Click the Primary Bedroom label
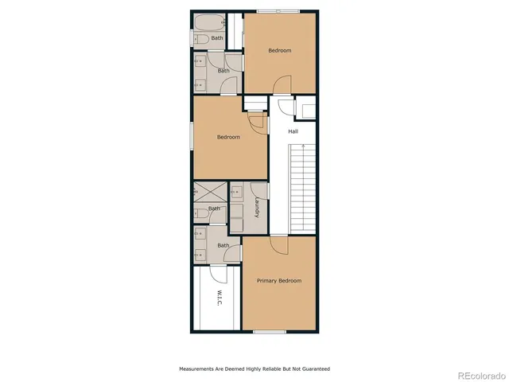(x=278, y=280)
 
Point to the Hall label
(x=293, y=131)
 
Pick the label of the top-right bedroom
(x=279, y=51)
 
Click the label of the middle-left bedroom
(x=228, y=137)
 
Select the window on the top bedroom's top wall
(x=278, y=11)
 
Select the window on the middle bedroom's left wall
(x=192, y=134)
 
